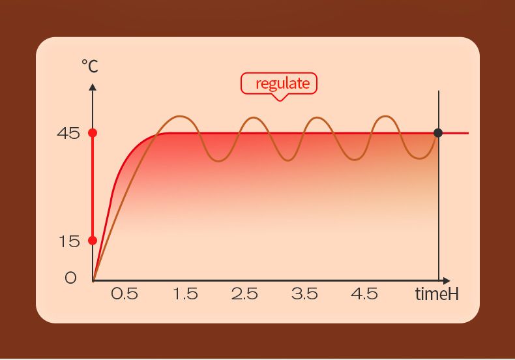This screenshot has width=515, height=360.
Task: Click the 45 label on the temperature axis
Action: pyautogui.click(x=68, y=134)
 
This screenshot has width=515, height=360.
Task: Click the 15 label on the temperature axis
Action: pyautogui.click(x=68, y=241)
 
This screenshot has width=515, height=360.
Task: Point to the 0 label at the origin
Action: pyautogui.click(x=70, y=278)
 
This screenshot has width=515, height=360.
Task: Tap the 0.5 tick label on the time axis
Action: pyautogui.click(x=125, y=293)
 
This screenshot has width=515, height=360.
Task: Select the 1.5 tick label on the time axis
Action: pyautogui.click(x=185, y=293)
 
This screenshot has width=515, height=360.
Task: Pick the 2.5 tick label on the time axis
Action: pyautogui.click(x=244, y=293)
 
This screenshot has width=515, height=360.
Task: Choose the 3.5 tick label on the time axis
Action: pyautogui.click(x=304, y=293)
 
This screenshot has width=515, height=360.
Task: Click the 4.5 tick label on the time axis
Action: pyautogui.click(x=364, y=293)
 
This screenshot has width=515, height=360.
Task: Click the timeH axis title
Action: pyautogui.click(x=437, y=294)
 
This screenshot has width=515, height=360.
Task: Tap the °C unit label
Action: pyautogui.click(x=89, y=65)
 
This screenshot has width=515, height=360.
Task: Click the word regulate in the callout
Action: pyautogui.click(x=282, y=83)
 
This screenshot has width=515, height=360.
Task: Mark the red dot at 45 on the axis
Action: pyautogui.click(x=93, y=133)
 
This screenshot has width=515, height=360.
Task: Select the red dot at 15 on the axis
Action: pyautogui.click(x=93, y=240)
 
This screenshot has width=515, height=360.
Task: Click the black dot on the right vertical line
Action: pyautogui.click(x=438, y=133)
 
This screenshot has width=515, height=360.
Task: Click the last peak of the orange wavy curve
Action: pyautogui.click(x=385, y=117)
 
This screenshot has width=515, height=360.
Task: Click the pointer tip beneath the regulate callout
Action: pyautogui.click(x=280, y=100)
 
